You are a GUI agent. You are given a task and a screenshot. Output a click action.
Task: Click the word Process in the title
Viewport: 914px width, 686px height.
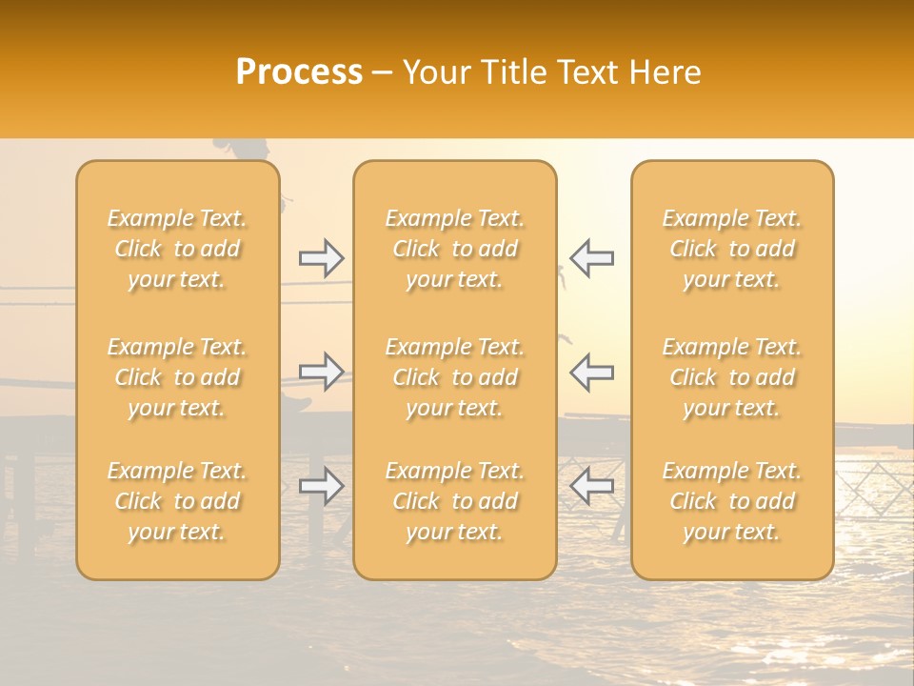299,72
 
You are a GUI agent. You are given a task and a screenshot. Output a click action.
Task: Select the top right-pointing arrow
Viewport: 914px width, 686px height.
321,258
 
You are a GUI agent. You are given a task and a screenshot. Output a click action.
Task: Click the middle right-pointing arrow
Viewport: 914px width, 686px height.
321,371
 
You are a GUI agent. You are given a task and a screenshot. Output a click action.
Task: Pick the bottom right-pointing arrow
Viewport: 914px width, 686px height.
321,486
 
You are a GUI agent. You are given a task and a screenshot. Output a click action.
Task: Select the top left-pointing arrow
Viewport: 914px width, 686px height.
591,258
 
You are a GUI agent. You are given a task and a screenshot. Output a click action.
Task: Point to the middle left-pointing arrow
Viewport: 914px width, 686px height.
591,371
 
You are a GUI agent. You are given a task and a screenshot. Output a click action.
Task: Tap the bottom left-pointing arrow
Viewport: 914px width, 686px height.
591,486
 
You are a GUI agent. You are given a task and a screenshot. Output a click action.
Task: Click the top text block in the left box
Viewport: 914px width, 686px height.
177,249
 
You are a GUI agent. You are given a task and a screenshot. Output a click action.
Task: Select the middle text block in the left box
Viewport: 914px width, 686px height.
177,377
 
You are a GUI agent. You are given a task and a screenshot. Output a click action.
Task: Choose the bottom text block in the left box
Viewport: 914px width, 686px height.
177,501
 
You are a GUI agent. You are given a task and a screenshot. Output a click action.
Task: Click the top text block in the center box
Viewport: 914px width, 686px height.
455,249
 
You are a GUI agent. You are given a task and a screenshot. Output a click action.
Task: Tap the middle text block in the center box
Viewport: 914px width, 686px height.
455,377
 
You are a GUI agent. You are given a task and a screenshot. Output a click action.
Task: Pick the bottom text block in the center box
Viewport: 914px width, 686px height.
455,501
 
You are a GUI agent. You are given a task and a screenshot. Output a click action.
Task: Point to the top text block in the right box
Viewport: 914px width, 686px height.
732,249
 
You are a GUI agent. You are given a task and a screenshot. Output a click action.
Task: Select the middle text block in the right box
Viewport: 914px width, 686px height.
732,377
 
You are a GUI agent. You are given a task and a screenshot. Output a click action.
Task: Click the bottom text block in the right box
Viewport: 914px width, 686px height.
732,501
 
